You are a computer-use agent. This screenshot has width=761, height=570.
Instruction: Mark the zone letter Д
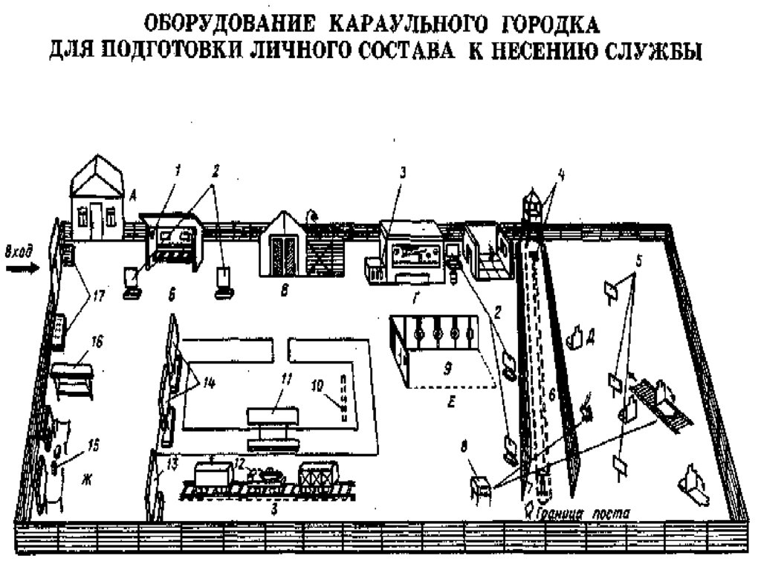pyautogui.click(x=589, y=333)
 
